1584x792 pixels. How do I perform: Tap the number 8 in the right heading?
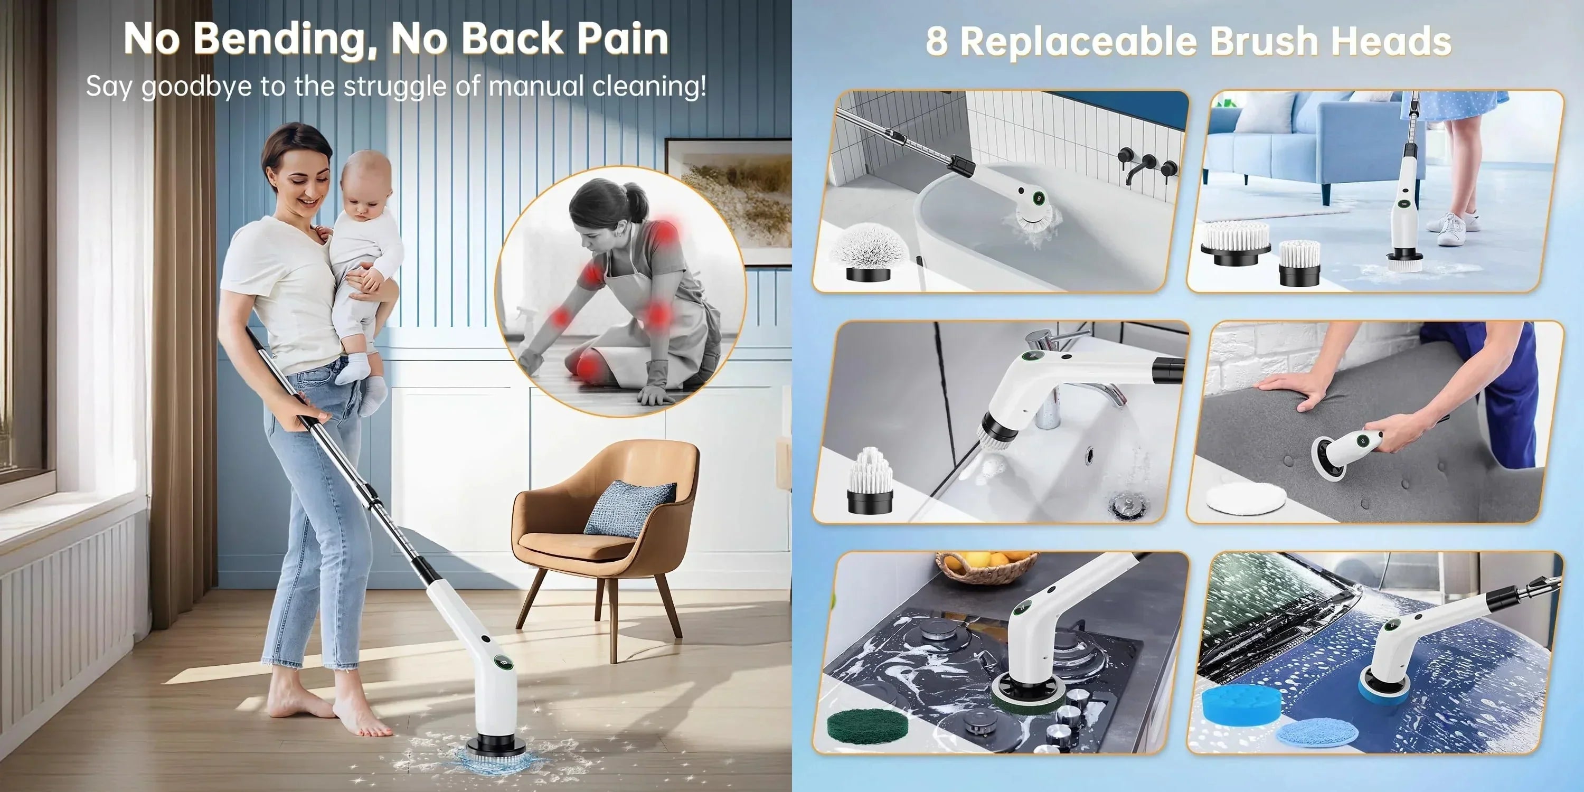click(937, 41)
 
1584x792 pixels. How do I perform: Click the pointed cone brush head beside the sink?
click(870, 481)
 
